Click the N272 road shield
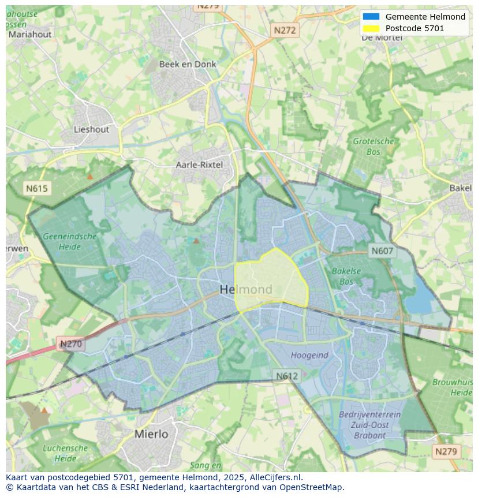(285, 30)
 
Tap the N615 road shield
(37, 188)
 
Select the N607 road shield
(382, 251)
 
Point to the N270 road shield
(71, 344)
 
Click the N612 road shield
(286, 376)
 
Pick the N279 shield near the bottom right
(446, 451)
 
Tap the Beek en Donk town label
(188, 64)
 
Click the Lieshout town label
(91, 129)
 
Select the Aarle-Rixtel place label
(199, 165)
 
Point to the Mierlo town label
(151, 434)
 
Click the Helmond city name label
(246, 289)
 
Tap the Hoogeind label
(309, 356)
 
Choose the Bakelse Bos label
(346, 276)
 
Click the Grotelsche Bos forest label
(374, 147)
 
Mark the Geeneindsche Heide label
(69, 241)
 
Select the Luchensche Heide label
(65, 453)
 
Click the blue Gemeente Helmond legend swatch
(371, 17)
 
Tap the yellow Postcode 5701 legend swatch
(371, 28)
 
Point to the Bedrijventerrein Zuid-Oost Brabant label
(369, 425)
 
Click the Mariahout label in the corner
(29, 34)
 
